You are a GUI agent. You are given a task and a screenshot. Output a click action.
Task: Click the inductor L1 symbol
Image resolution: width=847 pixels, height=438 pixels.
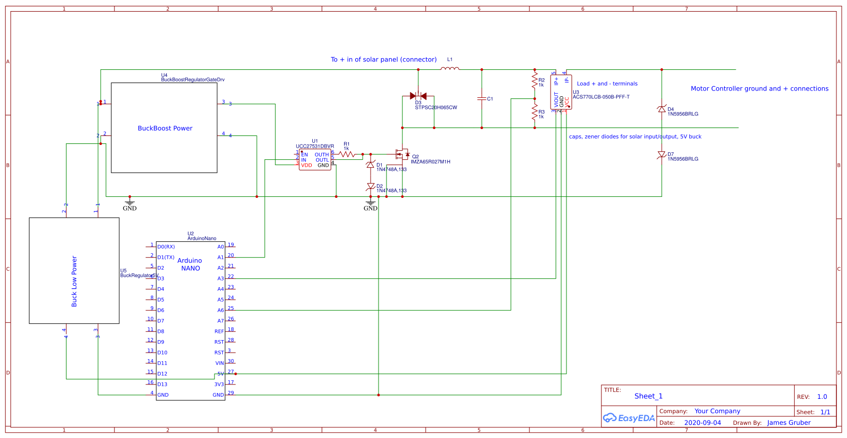click(x=450, y=68)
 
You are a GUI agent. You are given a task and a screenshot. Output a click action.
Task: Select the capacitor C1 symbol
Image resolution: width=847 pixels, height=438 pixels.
click(x=482, y=99)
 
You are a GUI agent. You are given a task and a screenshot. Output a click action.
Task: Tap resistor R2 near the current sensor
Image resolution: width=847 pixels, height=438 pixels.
click(x=535, y=81)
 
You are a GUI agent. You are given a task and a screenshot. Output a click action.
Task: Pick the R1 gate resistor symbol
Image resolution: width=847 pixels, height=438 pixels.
click(x=347, y=154)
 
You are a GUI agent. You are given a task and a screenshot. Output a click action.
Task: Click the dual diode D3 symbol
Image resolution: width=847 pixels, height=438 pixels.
click(x=418, y=96)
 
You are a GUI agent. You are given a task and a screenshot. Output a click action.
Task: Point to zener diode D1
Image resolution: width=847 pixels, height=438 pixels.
click(x=371, y=165)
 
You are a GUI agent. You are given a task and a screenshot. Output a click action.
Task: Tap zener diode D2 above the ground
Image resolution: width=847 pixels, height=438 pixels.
click(x=371, y=187)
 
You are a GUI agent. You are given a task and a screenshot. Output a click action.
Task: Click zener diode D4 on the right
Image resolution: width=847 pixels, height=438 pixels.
click(x=662, y=109)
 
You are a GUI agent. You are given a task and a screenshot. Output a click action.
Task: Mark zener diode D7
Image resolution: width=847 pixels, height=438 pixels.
click(x=662, y=154)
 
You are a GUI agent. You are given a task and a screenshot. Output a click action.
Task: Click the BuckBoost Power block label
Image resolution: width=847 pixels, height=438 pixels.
click(x=165, y=129)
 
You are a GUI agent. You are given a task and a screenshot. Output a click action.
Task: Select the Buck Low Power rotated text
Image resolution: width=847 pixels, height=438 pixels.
click(x=74, y=281)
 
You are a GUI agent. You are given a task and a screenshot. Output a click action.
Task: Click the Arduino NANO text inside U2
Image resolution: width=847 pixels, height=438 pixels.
click(x=190, y=264)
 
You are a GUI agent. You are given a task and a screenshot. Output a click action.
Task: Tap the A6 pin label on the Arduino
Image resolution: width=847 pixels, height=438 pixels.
click(x=220, y=311)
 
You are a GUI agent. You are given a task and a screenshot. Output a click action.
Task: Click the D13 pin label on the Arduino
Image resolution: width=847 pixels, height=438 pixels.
click(x=162, y=385)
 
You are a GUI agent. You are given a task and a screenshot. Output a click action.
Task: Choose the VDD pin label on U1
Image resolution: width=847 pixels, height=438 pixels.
click(x=307, y=166)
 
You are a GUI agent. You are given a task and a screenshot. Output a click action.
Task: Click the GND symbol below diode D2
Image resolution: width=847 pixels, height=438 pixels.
click(x=371, y=204)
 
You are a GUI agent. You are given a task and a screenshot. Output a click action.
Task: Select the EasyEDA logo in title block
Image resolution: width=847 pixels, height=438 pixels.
click(x=629, y=418)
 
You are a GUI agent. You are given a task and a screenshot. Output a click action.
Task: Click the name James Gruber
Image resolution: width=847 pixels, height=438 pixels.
click(x=789, y=423)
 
